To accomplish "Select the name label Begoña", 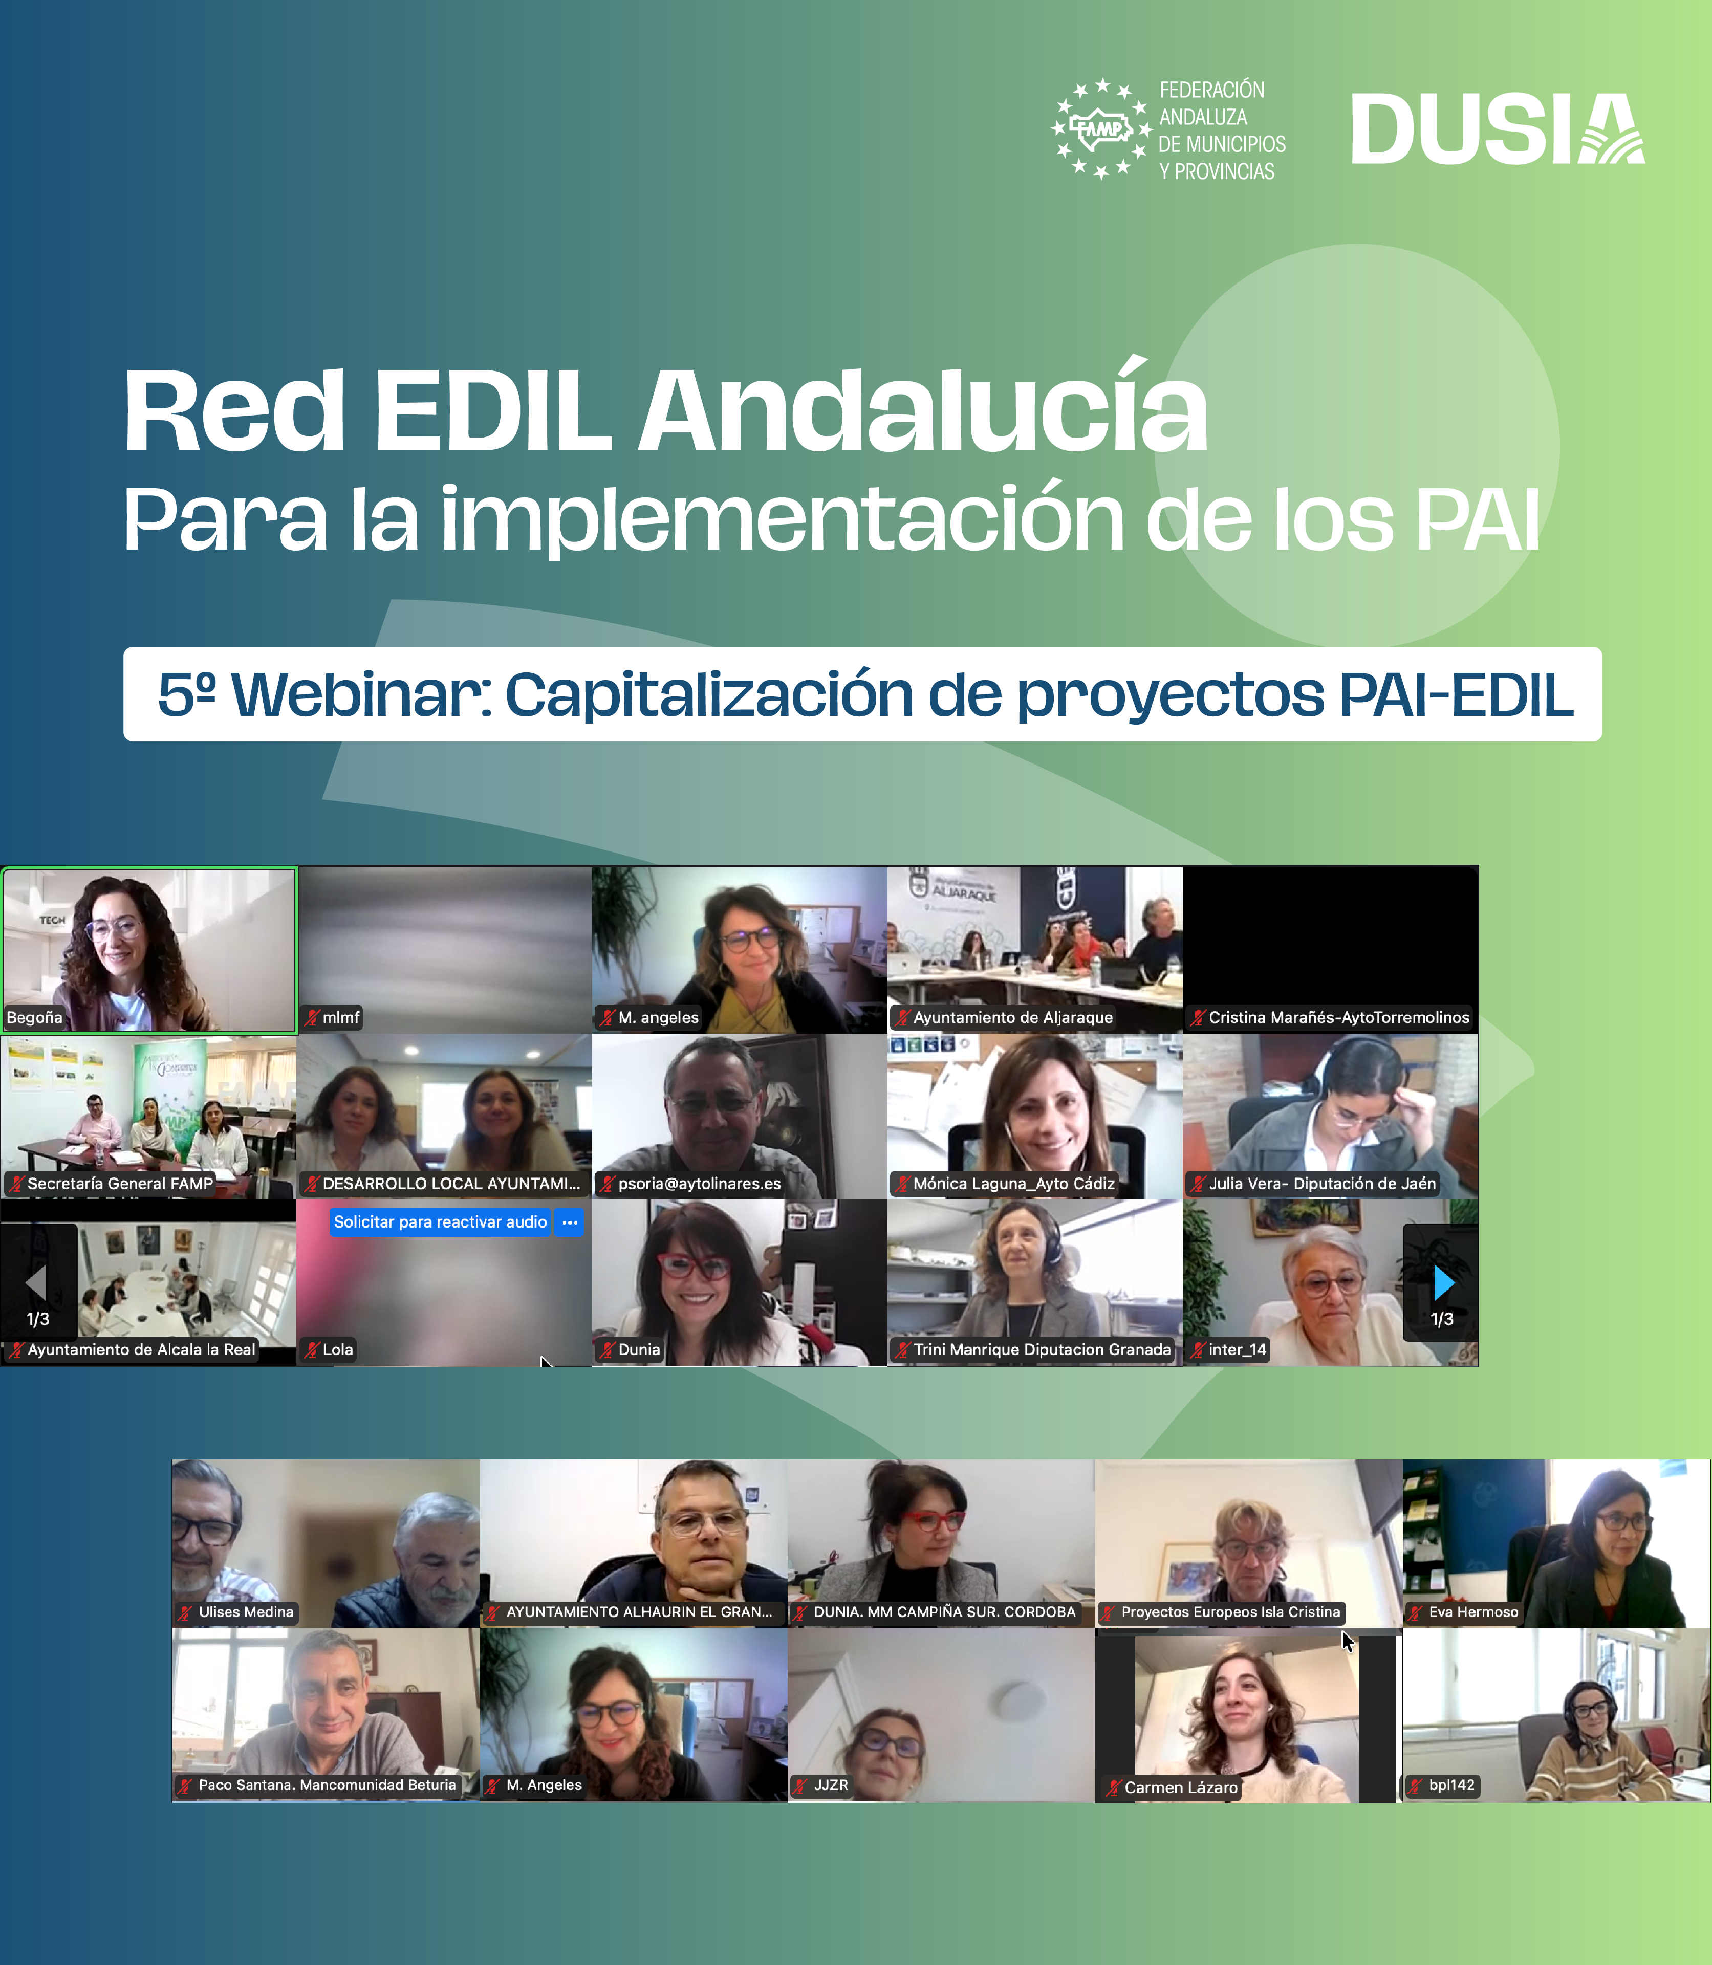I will (x=34, y=1017).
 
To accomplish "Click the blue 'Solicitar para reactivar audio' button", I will (x=440, y=1222).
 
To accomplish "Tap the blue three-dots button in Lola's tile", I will (x=570, y=1222).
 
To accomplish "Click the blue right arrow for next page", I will (x=1443, y=1283).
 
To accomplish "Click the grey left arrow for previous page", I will (x=36, y=1283).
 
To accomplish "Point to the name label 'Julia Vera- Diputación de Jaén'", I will (x=1322, y=1184).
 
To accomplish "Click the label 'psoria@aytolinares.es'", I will (x=699, y=1184).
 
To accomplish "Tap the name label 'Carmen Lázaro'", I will (x=1181, y=1787).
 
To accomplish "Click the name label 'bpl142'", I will (x=1451, y=1785).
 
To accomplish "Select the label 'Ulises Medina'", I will (x=246, y=1612).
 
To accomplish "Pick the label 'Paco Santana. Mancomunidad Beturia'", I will (x=327, y=1785).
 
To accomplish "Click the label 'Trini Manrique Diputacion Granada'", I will (x=1042, y=1350).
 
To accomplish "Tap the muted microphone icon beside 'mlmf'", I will (x=312, y=1017).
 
